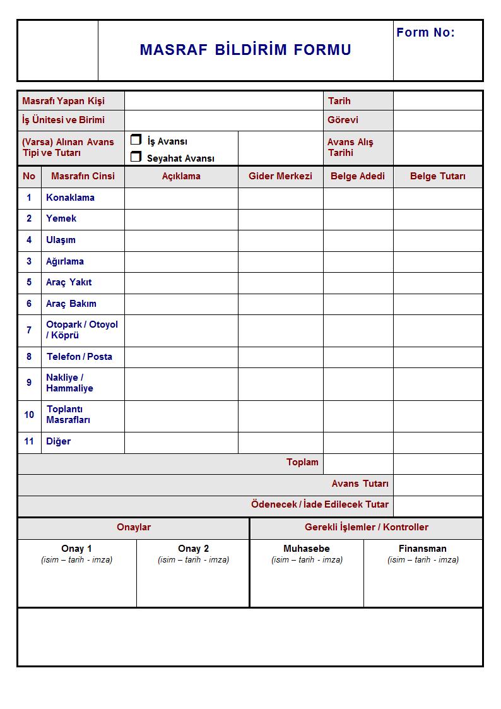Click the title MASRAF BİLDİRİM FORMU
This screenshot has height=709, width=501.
point(245,51)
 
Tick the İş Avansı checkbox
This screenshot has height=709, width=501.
point(136,140)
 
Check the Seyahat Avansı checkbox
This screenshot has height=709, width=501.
point(136,157)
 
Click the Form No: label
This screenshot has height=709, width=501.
point(425,33)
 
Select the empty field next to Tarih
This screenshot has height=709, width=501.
point(437,101)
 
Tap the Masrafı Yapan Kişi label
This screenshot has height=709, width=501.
point(64,101)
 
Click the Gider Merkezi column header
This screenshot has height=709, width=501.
point(280,176)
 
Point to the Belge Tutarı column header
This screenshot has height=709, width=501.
point(437,176)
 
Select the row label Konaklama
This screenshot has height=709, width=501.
point(70,198)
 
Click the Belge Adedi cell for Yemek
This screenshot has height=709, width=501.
point(358,219)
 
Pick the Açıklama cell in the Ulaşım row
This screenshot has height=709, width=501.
point(181,240)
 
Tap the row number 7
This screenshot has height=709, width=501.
point(29,330)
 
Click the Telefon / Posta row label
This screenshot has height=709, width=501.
point(80,357)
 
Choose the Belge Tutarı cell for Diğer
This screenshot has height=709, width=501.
point(437,442)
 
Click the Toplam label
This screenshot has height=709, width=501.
point(302,463)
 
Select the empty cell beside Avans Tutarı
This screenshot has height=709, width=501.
point(437,484)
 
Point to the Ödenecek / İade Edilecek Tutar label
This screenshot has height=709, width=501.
point(320,505)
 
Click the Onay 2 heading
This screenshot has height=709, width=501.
point(193,549)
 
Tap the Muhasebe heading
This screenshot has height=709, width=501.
point(307,549)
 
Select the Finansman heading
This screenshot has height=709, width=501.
point(423,549)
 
